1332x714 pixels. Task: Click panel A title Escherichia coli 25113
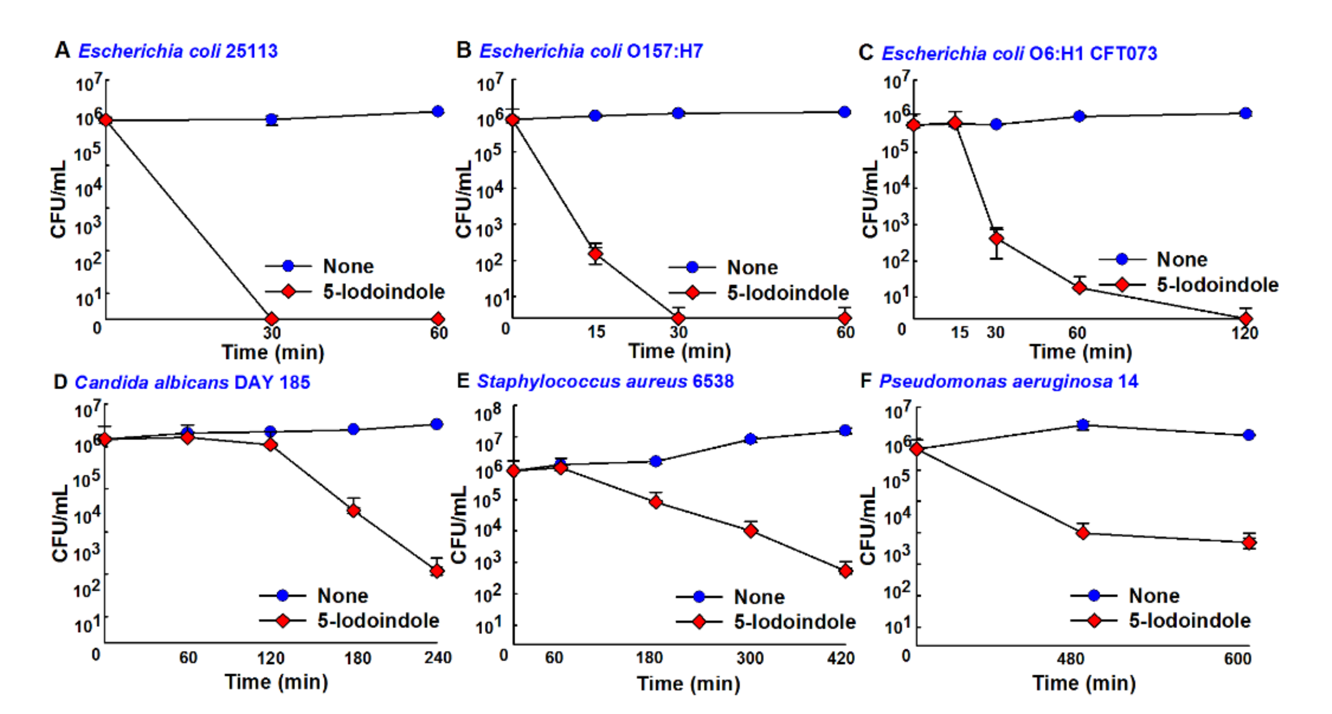pos(177,51)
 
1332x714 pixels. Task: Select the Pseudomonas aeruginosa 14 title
pos(1008,382)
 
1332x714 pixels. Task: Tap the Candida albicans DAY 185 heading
pos(192,382)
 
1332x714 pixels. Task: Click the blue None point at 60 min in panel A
pos(438,111)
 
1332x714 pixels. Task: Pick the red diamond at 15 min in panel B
pos(596,254)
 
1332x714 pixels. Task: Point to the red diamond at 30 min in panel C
pos(996,238)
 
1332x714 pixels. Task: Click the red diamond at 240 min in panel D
pos(437,571)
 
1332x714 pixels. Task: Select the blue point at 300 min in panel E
pos(750,439)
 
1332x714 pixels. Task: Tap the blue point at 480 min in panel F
pos(1083,425)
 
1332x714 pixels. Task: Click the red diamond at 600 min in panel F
pos(1249,542)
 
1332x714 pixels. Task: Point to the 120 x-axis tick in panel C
pos(1244,332)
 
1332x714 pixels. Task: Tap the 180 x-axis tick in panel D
pos(358,658)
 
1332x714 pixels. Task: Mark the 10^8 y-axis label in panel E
pos(488,413)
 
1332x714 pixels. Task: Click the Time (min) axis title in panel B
pos(680,351)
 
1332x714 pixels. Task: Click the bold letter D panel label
pos(60,382)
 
